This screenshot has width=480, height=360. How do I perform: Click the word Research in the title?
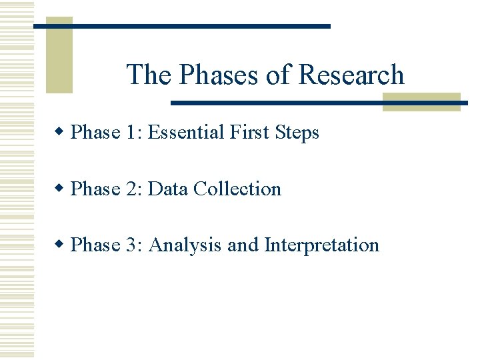click(351, 75)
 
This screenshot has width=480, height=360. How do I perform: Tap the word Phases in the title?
click(219, 75)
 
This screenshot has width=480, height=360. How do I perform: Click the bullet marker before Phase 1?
click(61, 132)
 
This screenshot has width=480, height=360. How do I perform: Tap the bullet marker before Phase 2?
click(61, 189)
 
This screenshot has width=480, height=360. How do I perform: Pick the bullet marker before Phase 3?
click(61, 245)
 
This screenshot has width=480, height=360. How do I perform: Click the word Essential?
click(186, 133)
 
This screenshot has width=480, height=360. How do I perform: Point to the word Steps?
click(297, 133)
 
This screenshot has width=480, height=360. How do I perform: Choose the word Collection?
click(237, 189)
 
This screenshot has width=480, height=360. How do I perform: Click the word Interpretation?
click(322, 245)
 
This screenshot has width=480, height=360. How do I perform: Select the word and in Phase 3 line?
click(244, 245)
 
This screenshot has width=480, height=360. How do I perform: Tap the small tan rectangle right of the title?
click(421, 102)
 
